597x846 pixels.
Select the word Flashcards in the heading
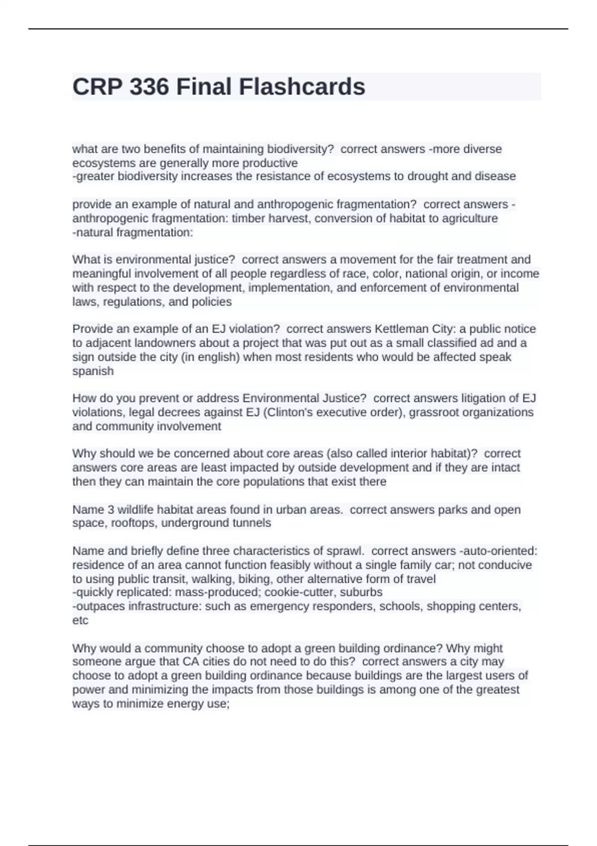(302, 87)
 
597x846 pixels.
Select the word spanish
(93, 371)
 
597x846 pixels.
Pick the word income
(519, 274)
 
